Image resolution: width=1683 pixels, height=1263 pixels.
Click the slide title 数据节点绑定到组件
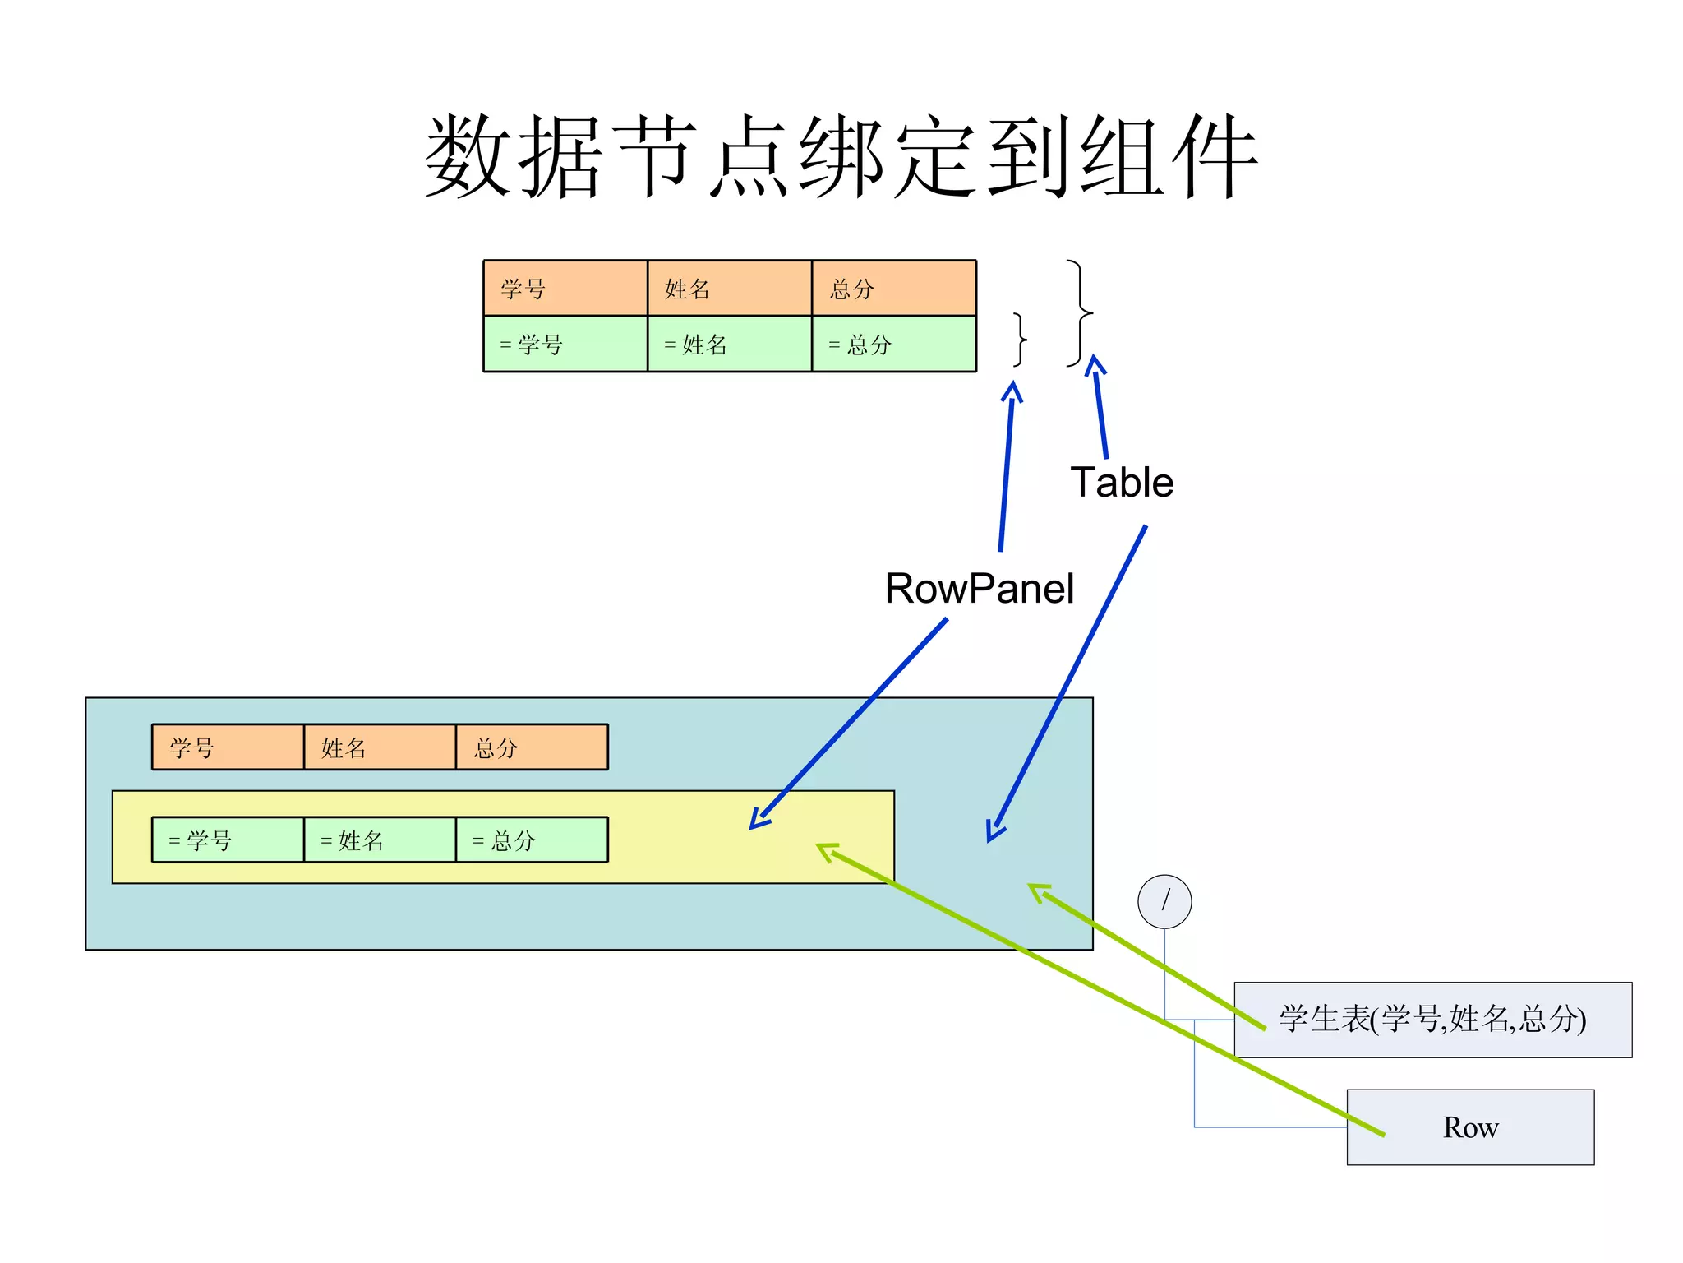pyautogui.click(x=841, y=156)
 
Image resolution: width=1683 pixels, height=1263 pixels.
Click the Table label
pyautogui.click(x=1122, y=483)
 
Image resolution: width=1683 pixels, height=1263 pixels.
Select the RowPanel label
pyautogui.click(x=979, y=589)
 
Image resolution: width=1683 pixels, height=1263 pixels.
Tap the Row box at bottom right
pyautogui.click(x=1470, y=1127)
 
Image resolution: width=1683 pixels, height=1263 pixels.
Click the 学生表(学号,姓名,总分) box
pyautogui.click(x=1432, y=1020)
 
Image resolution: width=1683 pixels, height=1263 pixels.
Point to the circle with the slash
pyautogui.click(x=1164, y=902)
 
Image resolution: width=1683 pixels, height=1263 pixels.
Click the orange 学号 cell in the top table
pyautogui.click(x=565, y=289)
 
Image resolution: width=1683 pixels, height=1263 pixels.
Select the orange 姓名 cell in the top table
pyautogui.click(x=730, y=289)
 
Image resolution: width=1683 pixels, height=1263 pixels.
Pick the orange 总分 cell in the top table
pyautogui.click(x=894, y=289)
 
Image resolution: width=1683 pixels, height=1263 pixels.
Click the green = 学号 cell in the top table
pyautogui.click(x=565, y=345)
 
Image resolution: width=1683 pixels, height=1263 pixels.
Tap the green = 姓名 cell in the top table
pyautogui.click(x=730, y=345)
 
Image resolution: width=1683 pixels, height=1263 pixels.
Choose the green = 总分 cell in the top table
pyautogui.click(x=894, y=345)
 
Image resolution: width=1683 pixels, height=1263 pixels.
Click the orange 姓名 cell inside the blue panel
pyautogui.click(x=380, y=747)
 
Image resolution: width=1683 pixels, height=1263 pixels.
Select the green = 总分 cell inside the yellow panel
pyautogui.click(x=532, y=840)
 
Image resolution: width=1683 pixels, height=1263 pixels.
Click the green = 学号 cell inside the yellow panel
pyautogui.click(x=228, y=840)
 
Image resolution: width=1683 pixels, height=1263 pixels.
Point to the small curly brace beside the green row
pyautogui.click(x=1020, y=339)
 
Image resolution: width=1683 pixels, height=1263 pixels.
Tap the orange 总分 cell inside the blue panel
pyautogui.click(x=532, y=747)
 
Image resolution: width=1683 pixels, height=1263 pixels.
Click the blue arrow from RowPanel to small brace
pyautogui.click(x=1007, y=469)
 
